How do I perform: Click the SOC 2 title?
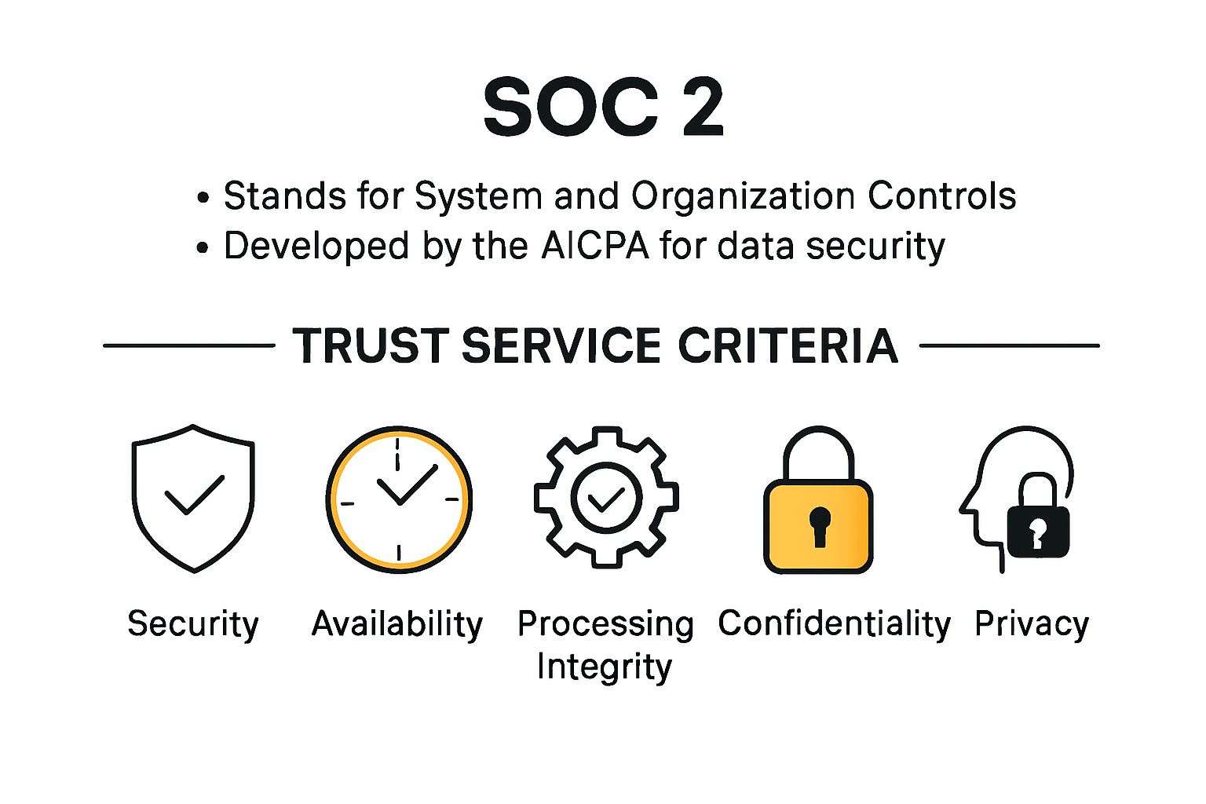point(603,108)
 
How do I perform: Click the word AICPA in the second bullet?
point(595,246)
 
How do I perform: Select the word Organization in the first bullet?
point(743,196)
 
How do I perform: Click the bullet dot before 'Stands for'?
point(203,198)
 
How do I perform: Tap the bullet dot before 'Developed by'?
point(203,248)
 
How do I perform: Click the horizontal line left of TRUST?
point(188,345)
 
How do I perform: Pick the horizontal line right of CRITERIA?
point(1009,345)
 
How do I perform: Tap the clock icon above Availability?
point(399,499)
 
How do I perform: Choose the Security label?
point(193,624)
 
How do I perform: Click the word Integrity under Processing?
point(605,667)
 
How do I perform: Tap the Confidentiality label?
point(834,624)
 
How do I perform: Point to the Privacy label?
point(1031,624)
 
